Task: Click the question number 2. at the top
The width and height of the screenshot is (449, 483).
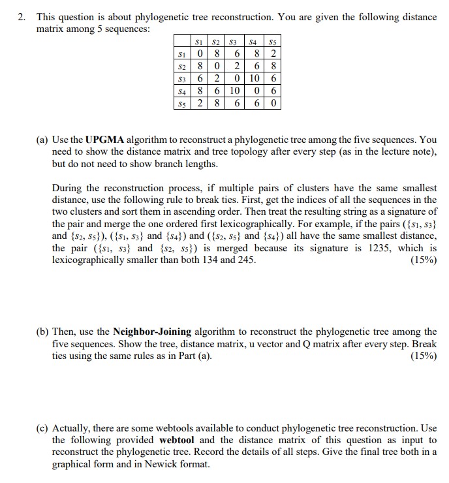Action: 22,18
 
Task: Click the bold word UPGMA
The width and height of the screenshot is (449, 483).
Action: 104,140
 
